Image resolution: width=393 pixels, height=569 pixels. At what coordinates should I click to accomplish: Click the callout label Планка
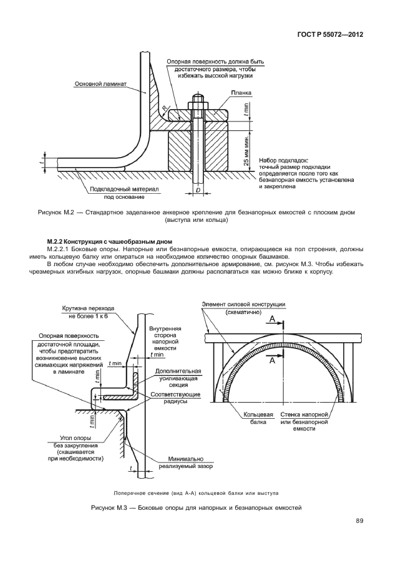point(240,92)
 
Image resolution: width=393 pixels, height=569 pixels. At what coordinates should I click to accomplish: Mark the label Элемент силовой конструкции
point(243,304)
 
